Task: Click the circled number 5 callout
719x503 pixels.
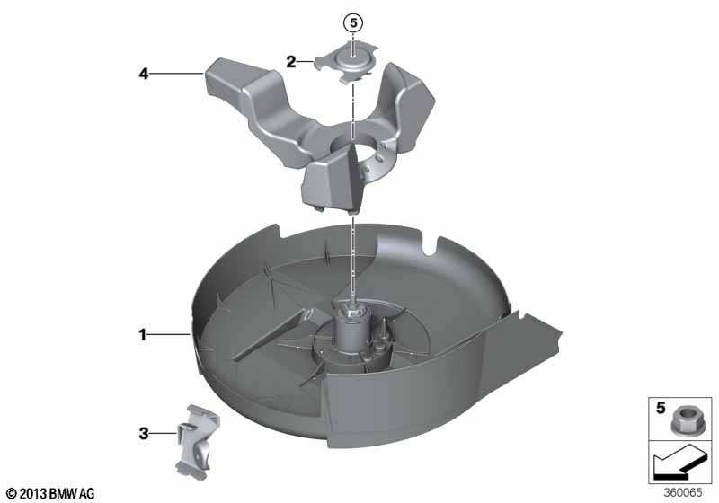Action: coord(353,22)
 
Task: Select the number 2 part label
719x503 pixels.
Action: coord(291,61)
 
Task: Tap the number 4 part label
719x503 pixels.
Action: coord(144,74)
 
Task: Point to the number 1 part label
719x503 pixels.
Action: coord(143,335)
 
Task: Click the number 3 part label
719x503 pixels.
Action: coord(144,433)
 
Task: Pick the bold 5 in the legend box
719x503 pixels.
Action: coord(661,407)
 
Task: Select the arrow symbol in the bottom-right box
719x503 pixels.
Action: coord(680,463)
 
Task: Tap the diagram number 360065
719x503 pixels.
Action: coord(683,492)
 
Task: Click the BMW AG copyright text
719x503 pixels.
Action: coord(51,493)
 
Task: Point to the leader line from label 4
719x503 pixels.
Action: coord(176,74)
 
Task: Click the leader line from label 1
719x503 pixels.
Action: coord(169,335)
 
